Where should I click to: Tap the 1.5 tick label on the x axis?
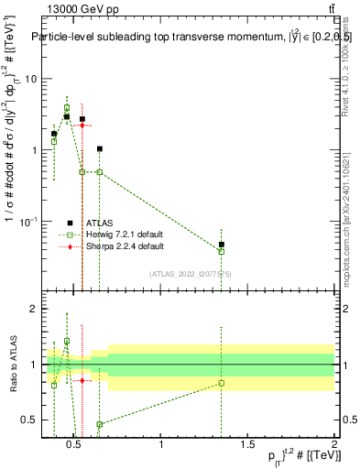pos(247,446)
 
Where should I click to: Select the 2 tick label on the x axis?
pos(333,446)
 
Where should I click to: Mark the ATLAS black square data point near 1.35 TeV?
pos(222,245)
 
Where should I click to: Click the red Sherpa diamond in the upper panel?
pos(82,125)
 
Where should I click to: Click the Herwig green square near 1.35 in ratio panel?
pos(222,383)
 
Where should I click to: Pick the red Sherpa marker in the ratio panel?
pos(82,380)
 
